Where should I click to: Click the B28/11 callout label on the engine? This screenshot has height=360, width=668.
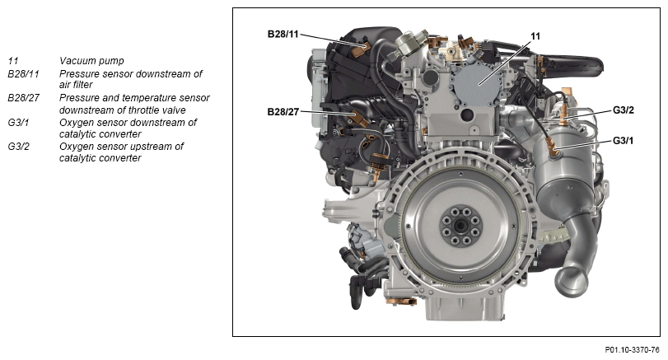click(283, 34)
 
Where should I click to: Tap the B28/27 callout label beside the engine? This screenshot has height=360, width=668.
click(283, 112)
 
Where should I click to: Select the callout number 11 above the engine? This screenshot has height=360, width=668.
click(535, 36)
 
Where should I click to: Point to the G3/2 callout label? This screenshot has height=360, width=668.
click(624, 110)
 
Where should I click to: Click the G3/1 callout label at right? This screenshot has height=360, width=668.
click(623, 140)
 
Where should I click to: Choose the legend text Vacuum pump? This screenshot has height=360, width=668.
click(91, 61)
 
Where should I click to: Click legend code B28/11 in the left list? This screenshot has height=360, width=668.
click(23, 74)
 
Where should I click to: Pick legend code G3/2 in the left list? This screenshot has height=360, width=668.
click(19, 147)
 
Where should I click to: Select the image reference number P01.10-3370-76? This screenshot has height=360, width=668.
click(632, 350)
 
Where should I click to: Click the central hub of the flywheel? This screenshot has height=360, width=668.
click(460, 226)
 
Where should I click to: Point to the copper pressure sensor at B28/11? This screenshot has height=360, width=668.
click(362, 49)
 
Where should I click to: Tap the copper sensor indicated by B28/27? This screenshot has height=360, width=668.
click(359, 119)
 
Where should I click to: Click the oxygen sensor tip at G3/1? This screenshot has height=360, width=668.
click(554, 149)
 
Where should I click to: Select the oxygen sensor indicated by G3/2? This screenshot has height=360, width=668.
click(564, 116)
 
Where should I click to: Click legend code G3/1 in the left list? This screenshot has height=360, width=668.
click(18, 123)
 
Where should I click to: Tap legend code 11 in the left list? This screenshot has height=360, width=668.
click(13, 61)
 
